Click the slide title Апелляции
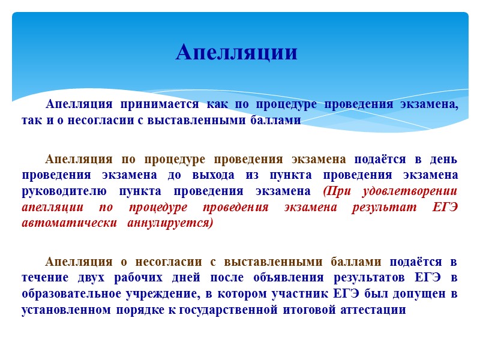click(236, 53)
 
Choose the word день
click(443, 159)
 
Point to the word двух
click(97, 278)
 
